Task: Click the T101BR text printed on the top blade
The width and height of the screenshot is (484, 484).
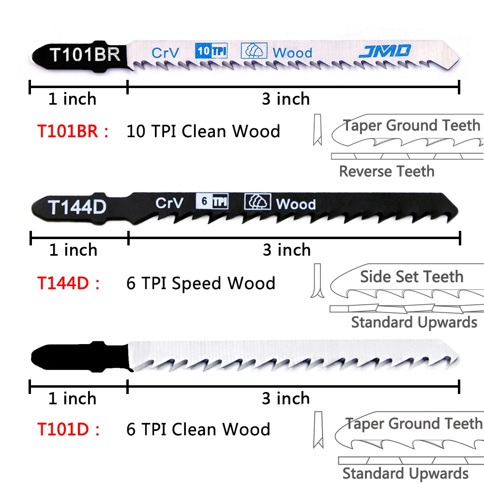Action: tap(85, 54)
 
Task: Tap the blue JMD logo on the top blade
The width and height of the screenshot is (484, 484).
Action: tap(385, 51)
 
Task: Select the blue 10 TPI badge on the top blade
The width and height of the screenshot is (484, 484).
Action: tap(211, 51)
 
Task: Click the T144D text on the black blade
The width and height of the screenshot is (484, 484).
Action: tap(77, 207)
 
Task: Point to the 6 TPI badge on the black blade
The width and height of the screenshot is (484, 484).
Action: tap(212, 201)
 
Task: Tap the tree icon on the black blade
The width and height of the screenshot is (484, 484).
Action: tap(257, 201)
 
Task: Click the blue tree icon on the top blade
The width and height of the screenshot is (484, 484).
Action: tap(254, 51)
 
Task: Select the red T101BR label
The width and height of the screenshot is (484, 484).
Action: tap(73, 131)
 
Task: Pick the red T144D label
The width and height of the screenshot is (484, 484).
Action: tap(68, 283)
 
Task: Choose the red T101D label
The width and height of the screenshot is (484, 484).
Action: tap(68, 429)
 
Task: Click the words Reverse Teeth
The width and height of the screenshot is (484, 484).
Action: tap(386, 171)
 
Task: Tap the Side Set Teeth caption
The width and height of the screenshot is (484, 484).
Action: tap(411, 277)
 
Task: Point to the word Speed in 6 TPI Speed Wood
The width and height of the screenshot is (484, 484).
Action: tap(197, 283)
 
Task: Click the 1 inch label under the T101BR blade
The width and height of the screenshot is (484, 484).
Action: tap(72, 99)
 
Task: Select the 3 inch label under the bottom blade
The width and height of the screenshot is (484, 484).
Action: tap(286, 398)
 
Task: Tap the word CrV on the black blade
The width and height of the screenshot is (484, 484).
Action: tap(169, 203)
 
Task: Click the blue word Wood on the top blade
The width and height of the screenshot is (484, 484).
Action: tap(292, 52)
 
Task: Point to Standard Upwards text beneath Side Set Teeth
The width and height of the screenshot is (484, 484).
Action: tap(414, 322)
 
